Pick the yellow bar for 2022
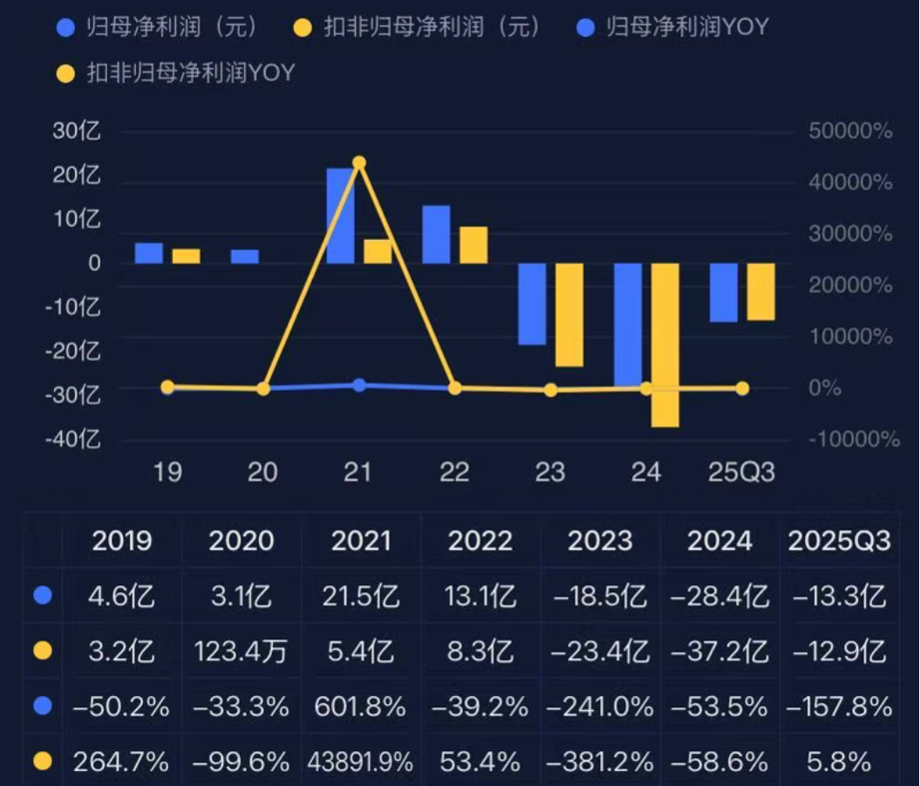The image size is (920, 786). [474, 245]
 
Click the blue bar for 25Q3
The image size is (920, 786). [723, 292]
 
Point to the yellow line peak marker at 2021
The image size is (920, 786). [358, 163]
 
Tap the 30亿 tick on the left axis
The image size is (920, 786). [77, 133]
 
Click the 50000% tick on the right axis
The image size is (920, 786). [850, 133]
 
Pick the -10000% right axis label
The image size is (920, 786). [854, 439]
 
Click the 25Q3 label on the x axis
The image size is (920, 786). [740, 473]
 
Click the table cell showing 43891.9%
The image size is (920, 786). [360, 762]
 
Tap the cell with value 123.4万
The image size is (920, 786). [241, 652]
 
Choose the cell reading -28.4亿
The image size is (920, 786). [719, 597]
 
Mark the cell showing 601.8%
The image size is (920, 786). [360, 707]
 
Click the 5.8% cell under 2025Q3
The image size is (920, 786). [839, 762]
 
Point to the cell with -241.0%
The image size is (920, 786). [599, 707]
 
